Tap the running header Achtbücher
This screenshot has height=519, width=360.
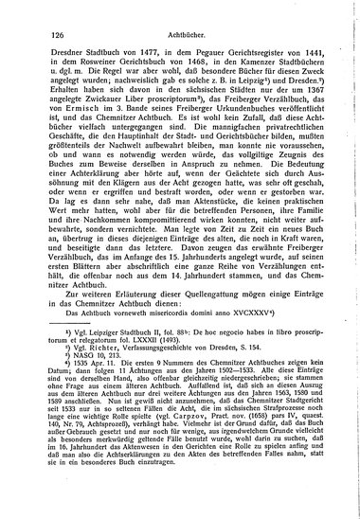tap(178, 31)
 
